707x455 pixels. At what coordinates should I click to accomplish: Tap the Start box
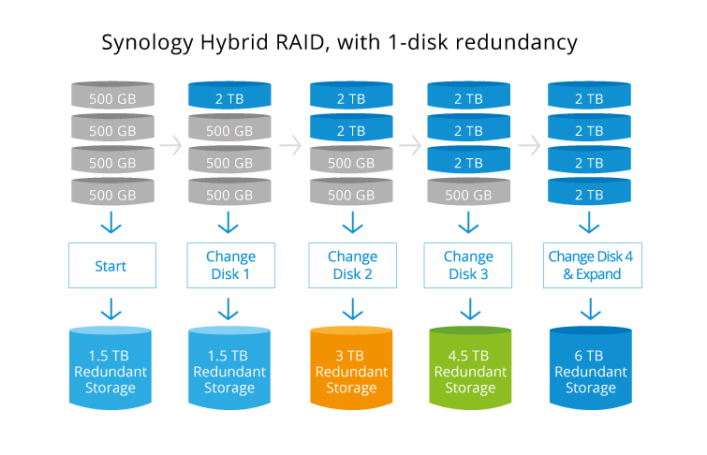(x=110, y=266)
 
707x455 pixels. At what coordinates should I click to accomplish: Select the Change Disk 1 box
(x=229, y=266)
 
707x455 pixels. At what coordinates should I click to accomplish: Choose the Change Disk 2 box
(x=352, y=266)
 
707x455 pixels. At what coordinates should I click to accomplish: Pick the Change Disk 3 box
(x=468, y=266)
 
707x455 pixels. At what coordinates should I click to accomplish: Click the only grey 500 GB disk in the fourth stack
(x=468, y=194)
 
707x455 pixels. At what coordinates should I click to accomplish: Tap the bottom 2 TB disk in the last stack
(x=589, y=194)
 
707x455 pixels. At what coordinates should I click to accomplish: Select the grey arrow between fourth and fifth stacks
(x=529, y=145)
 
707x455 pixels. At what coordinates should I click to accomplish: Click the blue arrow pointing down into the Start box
(x=110, y=224)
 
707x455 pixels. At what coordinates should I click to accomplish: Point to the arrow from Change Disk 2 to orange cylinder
(x=352, y=309)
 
